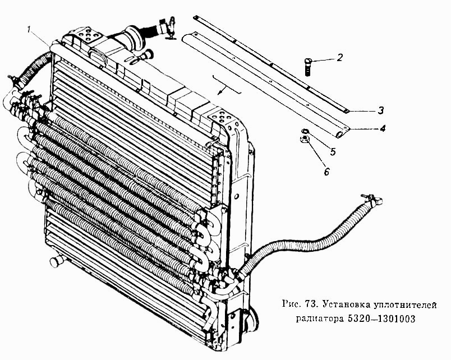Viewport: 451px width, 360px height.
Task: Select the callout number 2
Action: point(340,58)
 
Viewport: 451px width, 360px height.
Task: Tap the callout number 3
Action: point(380,110)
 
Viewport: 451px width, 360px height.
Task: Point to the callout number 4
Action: point(382,128)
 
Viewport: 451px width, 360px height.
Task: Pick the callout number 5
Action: point(333,151)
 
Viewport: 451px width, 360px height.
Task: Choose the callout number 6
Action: point(326,172)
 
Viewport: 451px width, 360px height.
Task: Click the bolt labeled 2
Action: point(307,67)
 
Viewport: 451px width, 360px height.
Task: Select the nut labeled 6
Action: point(305,140)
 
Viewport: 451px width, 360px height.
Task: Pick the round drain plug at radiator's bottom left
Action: point(56,261)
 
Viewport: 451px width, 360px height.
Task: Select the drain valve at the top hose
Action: point(171,28)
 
